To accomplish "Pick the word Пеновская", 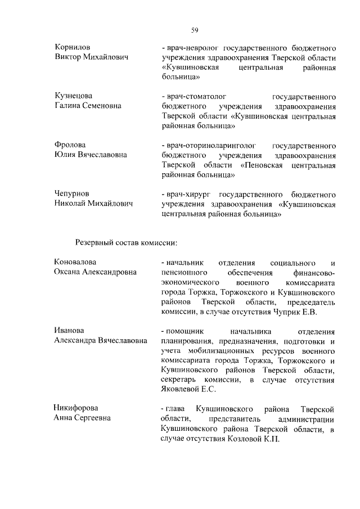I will pos(264,165).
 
